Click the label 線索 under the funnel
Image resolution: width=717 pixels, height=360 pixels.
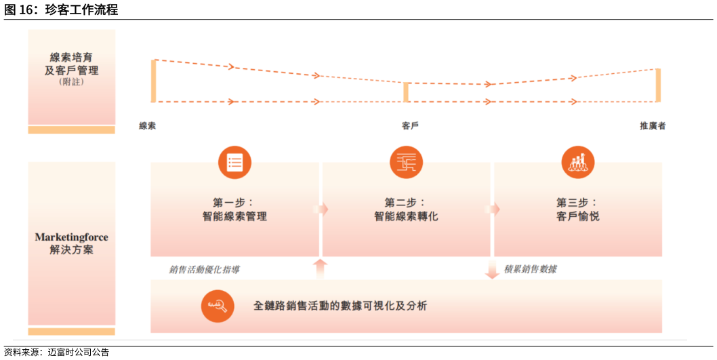(148, 126)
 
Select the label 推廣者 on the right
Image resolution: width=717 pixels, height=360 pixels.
(653, 126)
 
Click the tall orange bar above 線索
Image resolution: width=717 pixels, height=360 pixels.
(154, 81)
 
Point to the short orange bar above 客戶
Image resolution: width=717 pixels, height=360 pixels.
(406, 92)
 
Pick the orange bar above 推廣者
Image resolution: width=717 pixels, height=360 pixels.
(657, 85)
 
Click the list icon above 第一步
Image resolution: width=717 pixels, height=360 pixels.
(234, 163)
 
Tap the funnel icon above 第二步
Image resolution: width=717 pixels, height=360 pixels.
(406, 163)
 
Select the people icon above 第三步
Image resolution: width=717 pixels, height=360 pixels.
(578, 163)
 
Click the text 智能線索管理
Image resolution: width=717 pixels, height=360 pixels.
(234, 217)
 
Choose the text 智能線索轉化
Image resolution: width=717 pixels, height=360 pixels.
(406, 217)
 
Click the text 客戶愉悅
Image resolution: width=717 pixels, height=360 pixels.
(578, 217)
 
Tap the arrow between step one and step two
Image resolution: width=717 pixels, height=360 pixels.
(321, 209)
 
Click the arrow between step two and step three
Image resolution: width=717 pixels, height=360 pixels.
(492, 209)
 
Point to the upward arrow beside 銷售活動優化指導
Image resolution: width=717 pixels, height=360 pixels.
(321, 268)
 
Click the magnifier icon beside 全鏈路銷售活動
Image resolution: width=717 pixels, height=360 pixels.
(218, 306)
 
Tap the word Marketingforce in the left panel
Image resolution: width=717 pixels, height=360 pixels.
(71, 237)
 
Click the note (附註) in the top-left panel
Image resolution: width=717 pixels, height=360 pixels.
(71, 83)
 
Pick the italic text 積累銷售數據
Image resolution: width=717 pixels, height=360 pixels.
(531, 269)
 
